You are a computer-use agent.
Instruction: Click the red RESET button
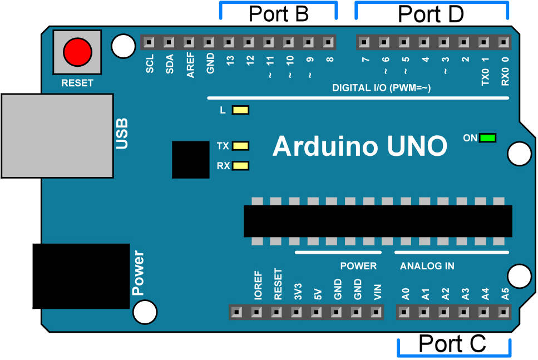pyautogui.click(x=77, y=53)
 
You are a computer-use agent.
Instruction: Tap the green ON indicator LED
pyautogui.click(x=488, y=138)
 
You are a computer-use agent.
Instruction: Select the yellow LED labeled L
pyautogui.click(x=241, y=110)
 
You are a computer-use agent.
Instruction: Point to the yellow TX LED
pyautogui.click(x=241, y=146)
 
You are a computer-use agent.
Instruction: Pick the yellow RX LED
pyautogui.click(x=241, y=166)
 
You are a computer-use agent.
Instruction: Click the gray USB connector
pyautogui.click(x=57, y=135)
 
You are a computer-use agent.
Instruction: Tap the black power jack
pyautogui.click(x=81, y=276)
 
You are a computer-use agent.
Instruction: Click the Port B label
pyautogui.click(x=279, y=14)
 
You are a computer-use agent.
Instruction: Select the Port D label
pyautogui.click(x=431, y=14)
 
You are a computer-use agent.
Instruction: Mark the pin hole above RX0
pyautogui.click(x=504, y=42)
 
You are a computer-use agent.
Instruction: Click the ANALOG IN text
pyautogui.click(x=427, y=266)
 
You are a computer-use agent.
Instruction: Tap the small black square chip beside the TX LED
pyautogui.click(x=190, y=159)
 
